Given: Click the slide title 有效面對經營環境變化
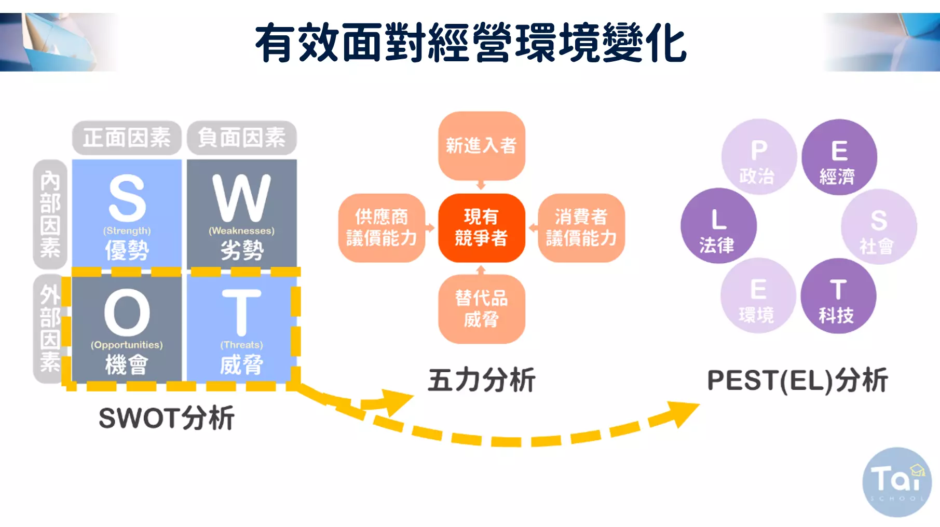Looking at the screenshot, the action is tap(471, 43).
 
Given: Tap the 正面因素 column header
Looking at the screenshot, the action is tap(127, 138).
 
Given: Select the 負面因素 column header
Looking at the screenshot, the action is tap(242, 138).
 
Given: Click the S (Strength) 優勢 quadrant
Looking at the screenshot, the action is tap(127, 214).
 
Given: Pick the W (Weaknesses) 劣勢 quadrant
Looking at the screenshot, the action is tap(242, 214).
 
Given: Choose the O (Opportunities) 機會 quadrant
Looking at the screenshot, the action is tap(127, 328).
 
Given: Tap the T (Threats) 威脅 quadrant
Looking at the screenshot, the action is tap(242, 328).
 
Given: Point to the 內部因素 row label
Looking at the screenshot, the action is tap(50, 214).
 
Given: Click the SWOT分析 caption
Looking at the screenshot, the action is tap(167, 418).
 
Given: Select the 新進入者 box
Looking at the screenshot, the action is tap(482, 146).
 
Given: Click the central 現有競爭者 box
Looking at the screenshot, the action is tap(482, 228).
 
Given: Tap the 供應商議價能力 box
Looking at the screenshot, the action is tap(382, 228).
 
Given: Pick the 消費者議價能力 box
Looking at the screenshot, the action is tap(581, 228).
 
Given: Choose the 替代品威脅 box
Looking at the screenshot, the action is tap(482, 309).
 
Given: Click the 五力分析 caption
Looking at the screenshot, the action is tap(482, 380).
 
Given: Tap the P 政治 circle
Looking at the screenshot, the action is tap(759, 157).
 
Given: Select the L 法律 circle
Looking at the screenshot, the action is tap(718, 225).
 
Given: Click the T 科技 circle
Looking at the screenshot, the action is tap(838, 296).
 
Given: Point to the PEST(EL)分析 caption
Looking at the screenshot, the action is tap(798, 381).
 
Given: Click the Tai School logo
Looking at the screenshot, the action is tap(897, 482).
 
